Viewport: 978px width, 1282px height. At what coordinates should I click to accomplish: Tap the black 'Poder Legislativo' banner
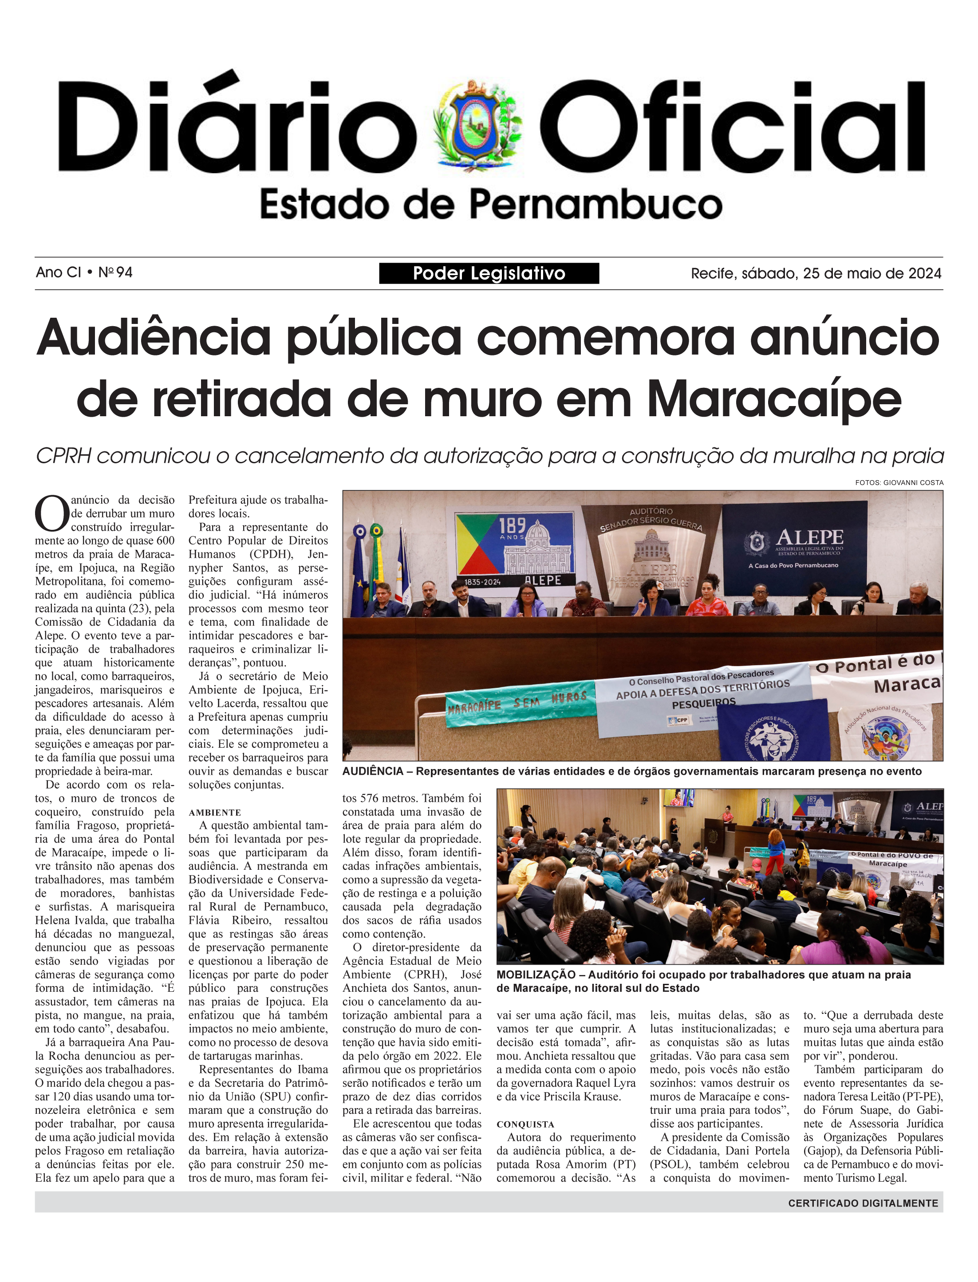point(489,273)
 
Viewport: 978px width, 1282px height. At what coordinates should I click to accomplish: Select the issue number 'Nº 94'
point(115,272)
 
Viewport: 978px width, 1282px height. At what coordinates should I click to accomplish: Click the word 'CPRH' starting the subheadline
point(63,456)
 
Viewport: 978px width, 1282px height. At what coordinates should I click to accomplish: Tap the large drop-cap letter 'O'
point(52,513)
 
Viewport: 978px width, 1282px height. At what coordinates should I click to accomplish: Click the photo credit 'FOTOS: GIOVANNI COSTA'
point(899,483)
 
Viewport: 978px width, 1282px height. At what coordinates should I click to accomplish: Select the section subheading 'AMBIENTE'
point(214,812)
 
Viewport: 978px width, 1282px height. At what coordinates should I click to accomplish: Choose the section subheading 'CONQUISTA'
point(525,1124)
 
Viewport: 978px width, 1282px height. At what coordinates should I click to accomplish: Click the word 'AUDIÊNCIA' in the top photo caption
point(373,771)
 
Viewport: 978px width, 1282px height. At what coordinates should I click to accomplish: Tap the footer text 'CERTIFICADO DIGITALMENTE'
point(863,1203)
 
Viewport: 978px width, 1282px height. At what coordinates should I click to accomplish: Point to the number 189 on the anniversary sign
point(512,526)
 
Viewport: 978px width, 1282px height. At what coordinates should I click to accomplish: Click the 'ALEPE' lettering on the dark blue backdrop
point(809,537)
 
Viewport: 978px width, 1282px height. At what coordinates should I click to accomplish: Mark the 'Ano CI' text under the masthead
point(58,272)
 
